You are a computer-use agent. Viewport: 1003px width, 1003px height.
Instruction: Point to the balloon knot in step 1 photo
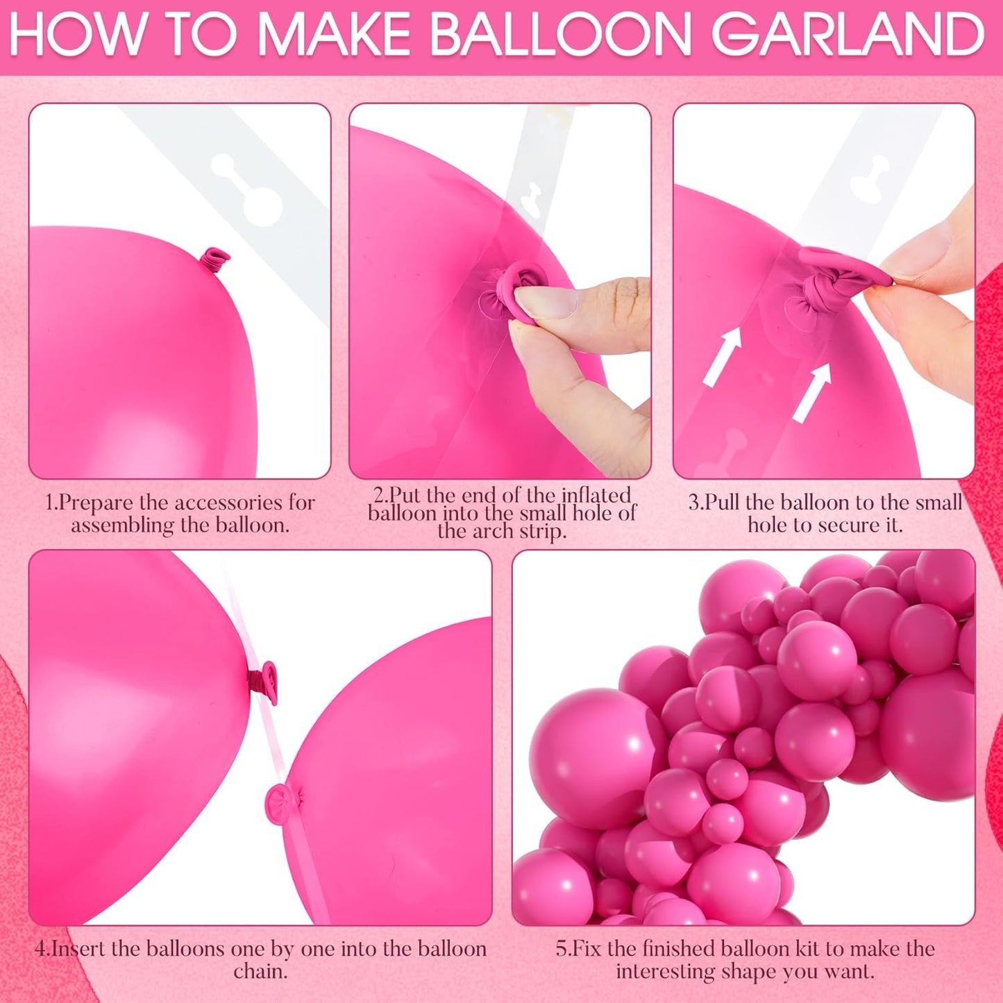[215, 261]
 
